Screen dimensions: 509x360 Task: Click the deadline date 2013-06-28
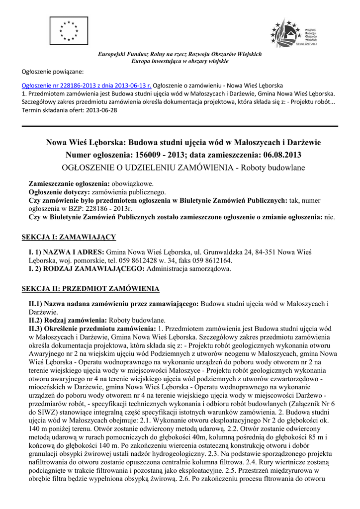[x=101, y=110]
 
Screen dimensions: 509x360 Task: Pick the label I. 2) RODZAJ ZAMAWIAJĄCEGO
[x=87, y=269]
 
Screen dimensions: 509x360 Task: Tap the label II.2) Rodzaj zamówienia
[x=68, y=320]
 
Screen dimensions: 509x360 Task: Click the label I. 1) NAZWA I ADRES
[x=67, y=252]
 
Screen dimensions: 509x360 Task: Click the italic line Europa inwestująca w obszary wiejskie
[x=180, y=61]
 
